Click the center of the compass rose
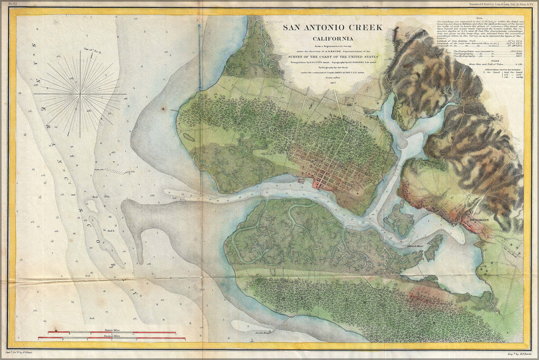click(80, 94)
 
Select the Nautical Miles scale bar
click(111, 338)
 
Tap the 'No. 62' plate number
click(6, 5)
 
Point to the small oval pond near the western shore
click(189, 137)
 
